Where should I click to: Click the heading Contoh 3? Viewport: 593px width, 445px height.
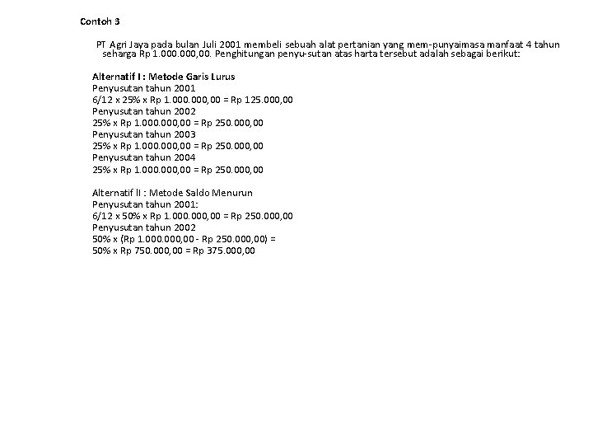pyautogui.click(x=100, y=21)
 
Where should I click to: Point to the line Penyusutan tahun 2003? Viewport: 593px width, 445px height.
pyautogui.click(x=143, y=134)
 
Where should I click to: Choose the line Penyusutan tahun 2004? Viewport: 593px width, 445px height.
pyautogui.click(x=143, y=157)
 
